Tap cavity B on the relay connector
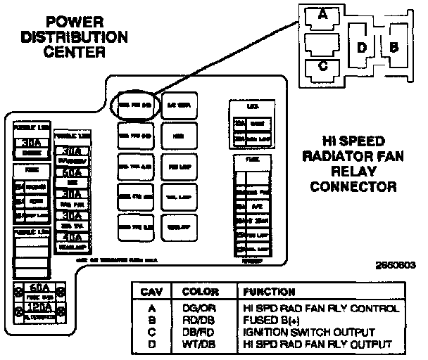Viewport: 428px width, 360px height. [x=394, y=48]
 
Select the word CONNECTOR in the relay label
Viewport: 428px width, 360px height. [x=353, y=187]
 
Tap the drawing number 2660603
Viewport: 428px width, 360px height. [x=396, y=266]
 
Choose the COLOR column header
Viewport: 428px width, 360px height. [x=199, y=291]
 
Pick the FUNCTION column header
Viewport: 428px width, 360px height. [x=269, y=291]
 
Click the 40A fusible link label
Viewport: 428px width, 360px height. [x=72, y=236]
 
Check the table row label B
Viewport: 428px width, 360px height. [x=152, y=320]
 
